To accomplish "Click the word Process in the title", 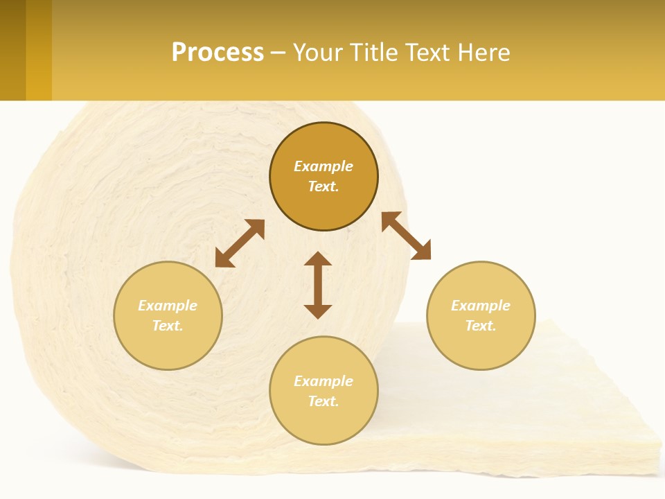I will click(218, 53).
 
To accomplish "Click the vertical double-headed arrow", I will click(318, 285).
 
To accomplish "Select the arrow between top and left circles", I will click(240, 243).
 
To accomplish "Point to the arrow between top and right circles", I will click(406, 236).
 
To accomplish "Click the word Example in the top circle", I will click(323, 166).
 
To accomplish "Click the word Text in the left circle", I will click(168, 326).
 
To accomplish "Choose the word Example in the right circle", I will click(481, 306).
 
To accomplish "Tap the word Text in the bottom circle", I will click(323, 401).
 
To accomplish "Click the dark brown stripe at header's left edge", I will click(12, 50).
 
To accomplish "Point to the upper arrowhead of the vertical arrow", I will click(318, 260).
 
